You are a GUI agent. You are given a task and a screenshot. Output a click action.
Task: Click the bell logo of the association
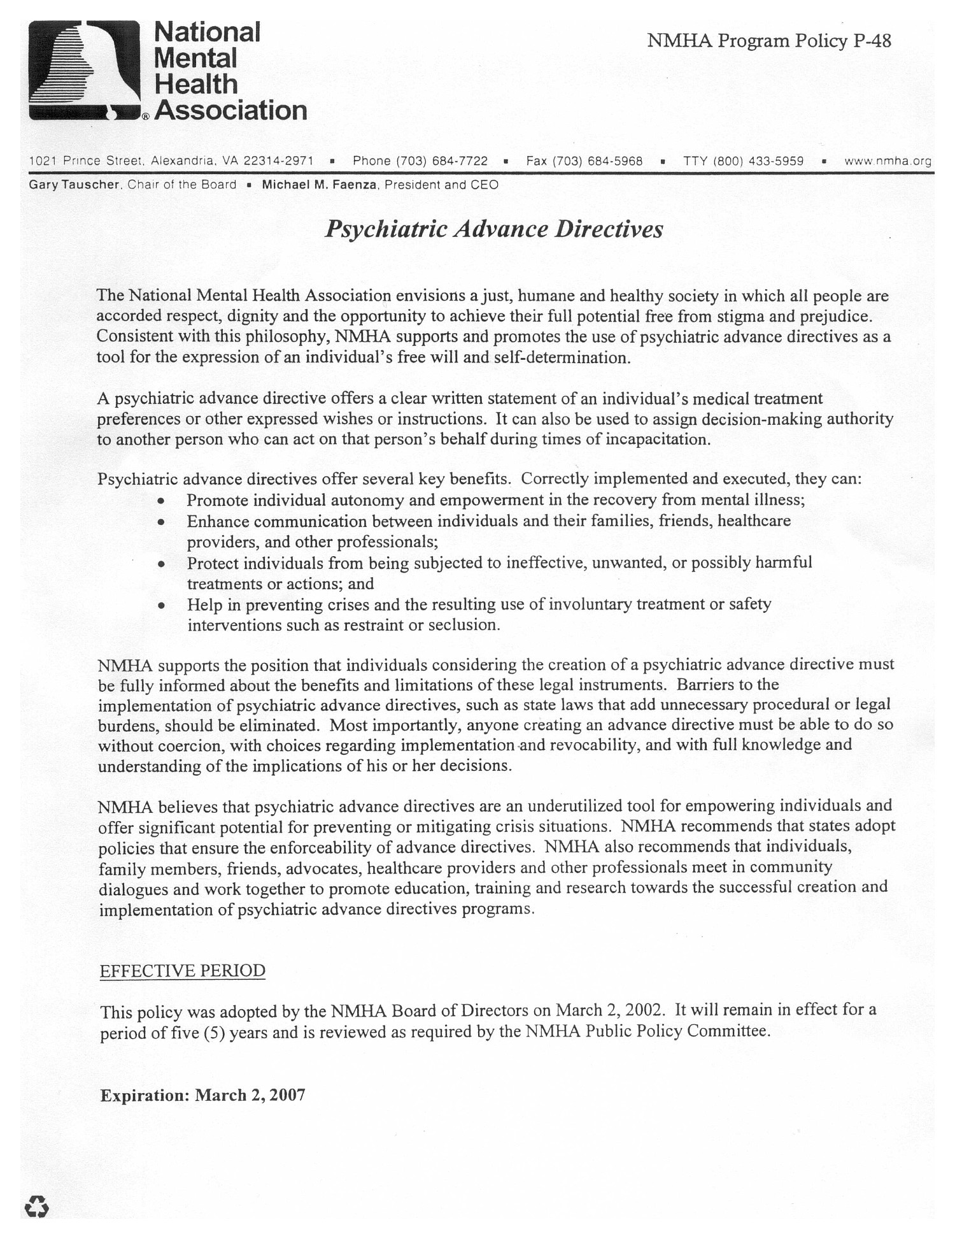pyautogui.click(x=85, y=70)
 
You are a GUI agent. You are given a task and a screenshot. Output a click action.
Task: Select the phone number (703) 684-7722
pyautogui.click(x=442, y=161)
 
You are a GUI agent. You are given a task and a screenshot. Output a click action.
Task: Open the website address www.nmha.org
pyautogui.click(x=888, y=161)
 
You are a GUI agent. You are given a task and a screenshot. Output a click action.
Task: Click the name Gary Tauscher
pyautogui.click(x=74, y=185)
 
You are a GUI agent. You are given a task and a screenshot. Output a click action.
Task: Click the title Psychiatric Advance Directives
pyautogui.click(x=494, y=229)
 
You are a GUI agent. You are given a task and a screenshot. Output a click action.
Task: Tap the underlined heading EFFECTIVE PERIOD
pyautogui.click(x=183, y=971)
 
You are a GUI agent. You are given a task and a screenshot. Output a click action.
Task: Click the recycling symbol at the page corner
pyautogui.click(x=36, y=1206)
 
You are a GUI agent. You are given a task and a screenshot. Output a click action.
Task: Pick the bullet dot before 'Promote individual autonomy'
pyautogui.click(x=162, y=501)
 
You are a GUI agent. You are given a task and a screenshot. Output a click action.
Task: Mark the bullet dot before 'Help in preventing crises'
pyautogui.click(x=162, y=605)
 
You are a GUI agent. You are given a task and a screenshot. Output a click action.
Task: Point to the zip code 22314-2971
pyautogui.click(x=278, y=161)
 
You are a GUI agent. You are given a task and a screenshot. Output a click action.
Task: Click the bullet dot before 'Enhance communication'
pyautogui.click(x=162, y=522)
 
